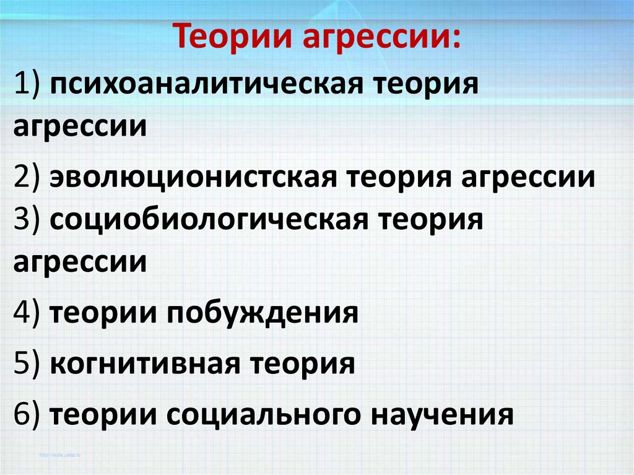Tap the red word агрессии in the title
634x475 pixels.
(x=381, y=37)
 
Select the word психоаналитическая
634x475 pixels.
(x=206, y=85)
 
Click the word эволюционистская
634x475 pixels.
(x=193, y=177)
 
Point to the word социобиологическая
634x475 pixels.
(x=209, y=220)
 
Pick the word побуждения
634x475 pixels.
(x=263, y=313)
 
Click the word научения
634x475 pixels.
(x=442, y=415)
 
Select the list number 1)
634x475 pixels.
(x=27, y=84)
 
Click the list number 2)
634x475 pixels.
(x=27, y=177)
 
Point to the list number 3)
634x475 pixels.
(x=27, y=220)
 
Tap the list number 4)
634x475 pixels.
(x=27, y=313)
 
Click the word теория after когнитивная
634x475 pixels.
(x=302, y=364)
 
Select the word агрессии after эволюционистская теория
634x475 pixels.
(x=528, y=178)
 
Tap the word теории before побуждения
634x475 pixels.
(x=103, y=314)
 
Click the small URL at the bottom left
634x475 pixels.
(x=60, y=455)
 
